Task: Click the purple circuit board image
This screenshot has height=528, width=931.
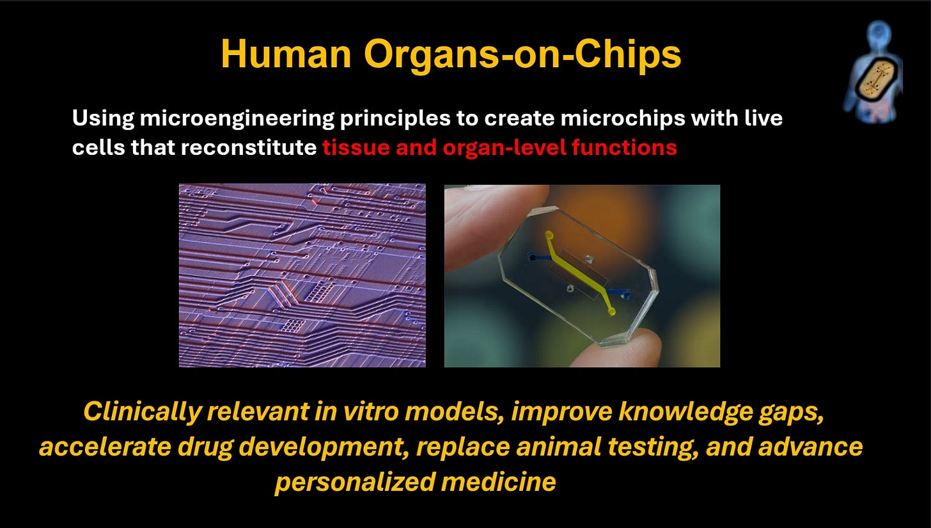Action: [x=302, y=275]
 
